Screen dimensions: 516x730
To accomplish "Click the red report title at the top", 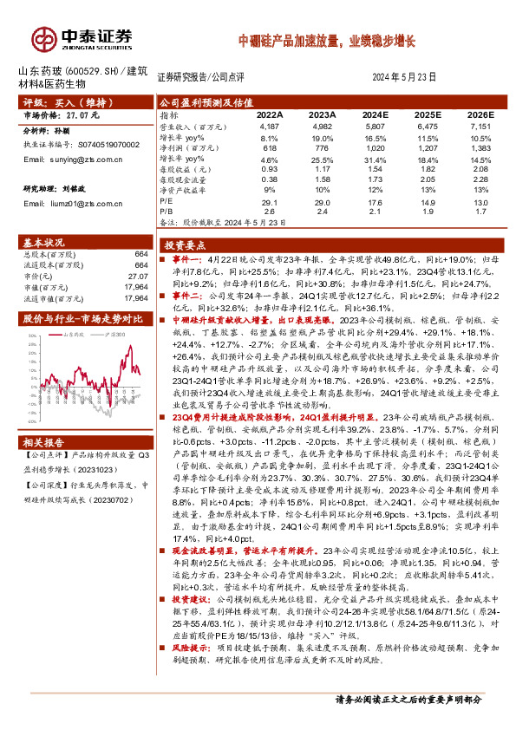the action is click(328, 40).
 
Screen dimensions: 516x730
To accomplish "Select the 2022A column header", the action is click(269, 114).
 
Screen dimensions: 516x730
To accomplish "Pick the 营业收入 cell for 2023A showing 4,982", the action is click(322, 127).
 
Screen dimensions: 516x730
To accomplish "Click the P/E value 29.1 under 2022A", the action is click(269, 202).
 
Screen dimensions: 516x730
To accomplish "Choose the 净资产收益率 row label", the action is click(186, 191).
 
